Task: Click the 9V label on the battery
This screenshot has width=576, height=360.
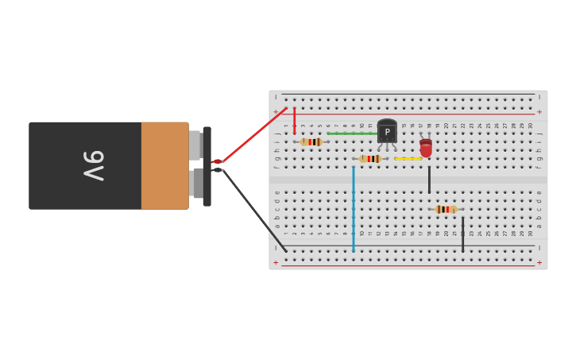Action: point(94,165)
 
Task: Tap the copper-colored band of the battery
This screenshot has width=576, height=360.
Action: point(164,165)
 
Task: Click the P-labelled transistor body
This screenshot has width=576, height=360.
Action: point(387,132)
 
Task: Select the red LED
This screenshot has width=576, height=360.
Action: point(426,148)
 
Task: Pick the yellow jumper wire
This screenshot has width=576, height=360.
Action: point(408,159)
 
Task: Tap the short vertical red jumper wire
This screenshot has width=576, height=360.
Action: point(294,120)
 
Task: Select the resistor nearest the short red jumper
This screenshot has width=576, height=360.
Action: point(311,142)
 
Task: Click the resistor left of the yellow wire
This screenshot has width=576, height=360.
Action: point(370,159)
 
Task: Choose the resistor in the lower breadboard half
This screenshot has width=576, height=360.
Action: point(446,210)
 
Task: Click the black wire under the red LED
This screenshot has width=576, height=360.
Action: point(429,180)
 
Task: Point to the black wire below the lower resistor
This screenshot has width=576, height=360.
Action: point(462,234)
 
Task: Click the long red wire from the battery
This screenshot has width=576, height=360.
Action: point(254,134)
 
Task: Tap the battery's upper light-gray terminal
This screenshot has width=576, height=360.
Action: point(195,145)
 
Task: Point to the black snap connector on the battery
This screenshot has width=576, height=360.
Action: point(207,166)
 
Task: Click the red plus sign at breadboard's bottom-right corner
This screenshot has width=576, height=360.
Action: point(539,263)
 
